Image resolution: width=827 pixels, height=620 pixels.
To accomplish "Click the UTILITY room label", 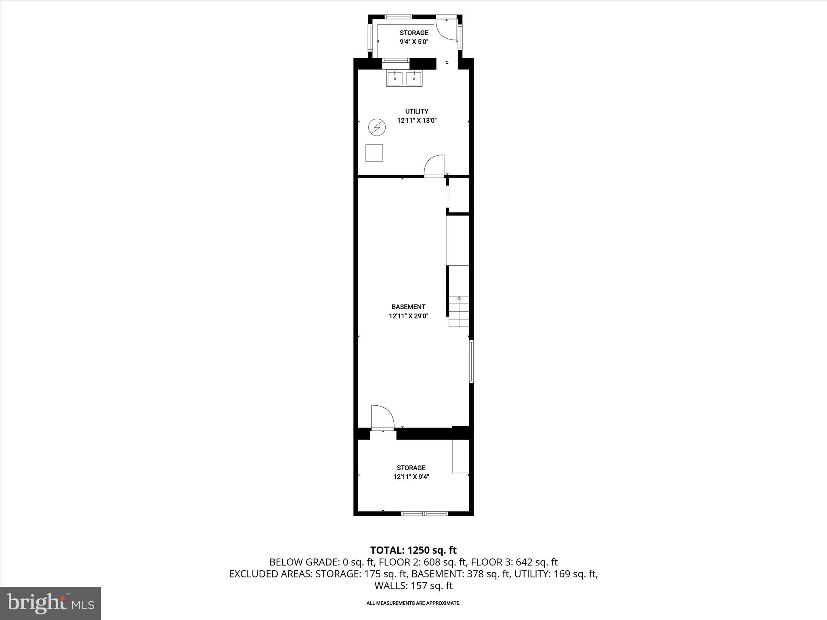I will [x=417, y=111].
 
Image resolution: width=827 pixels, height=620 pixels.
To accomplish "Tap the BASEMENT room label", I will [x=408, y=307].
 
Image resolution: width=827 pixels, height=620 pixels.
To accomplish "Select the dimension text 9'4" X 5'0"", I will [x=414, y=42].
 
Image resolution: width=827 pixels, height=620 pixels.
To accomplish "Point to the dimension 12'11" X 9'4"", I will [x=411, y=477].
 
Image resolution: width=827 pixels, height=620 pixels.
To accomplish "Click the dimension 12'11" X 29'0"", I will [x=408, y=316].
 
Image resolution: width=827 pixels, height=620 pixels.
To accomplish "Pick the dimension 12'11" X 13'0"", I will [x=417, y=120].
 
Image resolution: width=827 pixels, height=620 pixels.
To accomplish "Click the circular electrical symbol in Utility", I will [x=377, y=128].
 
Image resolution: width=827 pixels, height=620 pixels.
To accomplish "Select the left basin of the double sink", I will [x=395, y=78].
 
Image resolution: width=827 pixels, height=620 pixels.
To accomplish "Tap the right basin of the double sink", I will [x=414, y=78].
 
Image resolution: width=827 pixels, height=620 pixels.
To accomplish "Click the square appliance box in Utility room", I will [x=374, y=153].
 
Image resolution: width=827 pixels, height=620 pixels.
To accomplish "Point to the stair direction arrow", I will [x=459, y=298].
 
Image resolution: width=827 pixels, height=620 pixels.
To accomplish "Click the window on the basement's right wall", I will [x=471, y=361].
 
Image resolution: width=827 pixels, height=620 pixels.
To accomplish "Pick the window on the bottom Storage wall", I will [x=424, y=513].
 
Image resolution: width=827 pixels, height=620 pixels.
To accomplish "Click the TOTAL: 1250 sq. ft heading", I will [x=413, y=550].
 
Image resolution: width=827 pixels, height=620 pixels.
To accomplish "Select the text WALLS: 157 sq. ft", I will [x=413, y=586].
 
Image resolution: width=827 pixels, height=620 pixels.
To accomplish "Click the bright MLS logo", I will [x=50, y=603].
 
